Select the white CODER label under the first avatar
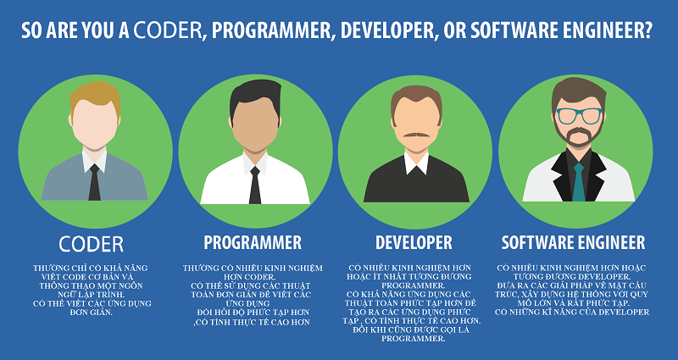point(92,244)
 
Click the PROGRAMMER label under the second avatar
point(253,243)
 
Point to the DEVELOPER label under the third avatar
point(415,243)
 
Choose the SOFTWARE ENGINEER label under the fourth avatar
point(573,243)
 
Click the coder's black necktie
point(94,180)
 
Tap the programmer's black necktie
point(254,182)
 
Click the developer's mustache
point(415,134)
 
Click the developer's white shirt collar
point(415,161)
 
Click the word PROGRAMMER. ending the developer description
point(414,338)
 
